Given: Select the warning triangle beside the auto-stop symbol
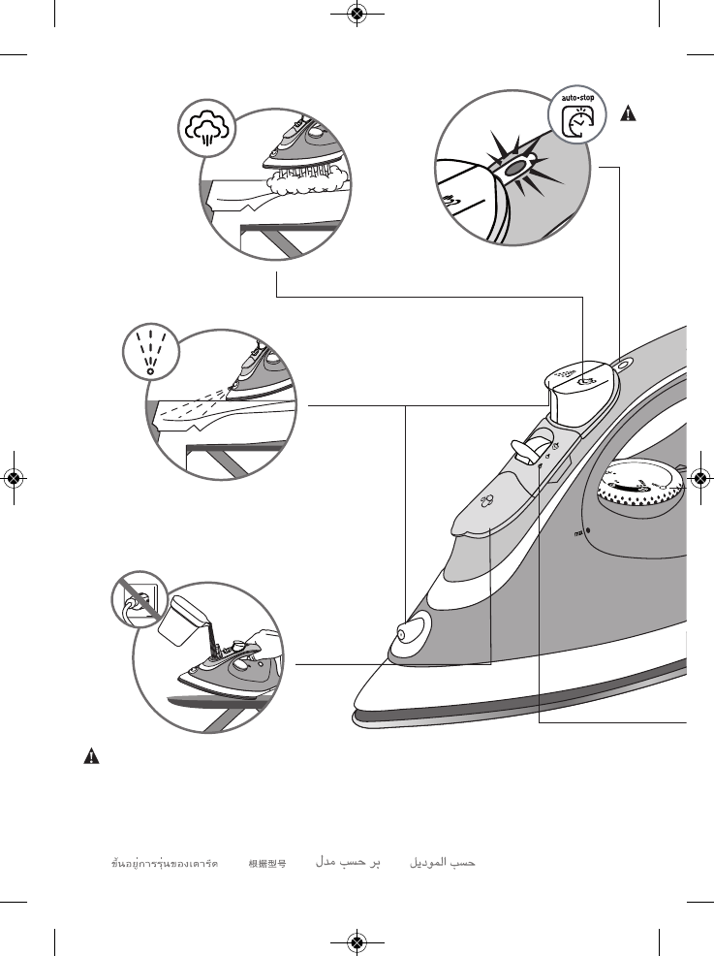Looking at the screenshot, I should [628, 113].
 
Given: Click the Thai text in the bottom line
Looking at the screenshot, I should [165, 862].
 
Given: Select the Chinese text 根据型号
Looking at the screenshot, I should [266, 862].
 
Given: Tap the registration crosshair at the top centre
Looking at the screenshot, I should [357, 14].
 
